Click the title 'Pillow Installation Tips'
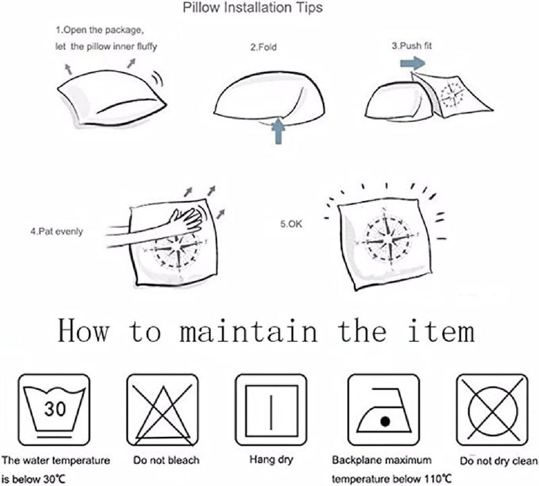tap(253, 7)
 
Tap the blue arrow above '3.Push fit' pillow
tap(412, 63)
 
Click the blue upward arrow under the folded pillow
tap(278, 131)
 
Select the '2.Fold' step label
tap(263, 47)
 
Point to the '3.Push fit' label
tap(412, 46)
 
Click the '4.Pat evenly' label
tap(57, 232)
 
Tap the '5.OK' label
tap(291, 224)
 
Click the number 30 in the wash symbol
tap(55, 409)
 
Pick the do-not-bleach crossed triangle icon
tap(162, 410)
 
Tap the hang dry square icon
tap(272, 410)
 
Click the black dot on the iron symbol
tap(385, 421)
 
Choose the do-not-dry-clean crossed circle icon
tap(492, 410)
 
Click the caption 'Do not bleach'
tap(166, 460)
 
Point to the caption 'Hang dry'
tap(272, 460)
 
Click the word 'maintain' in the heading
tap(249, 331)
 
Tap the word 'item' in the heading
tap(442, 331)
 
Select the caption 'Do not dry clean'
tap(499, 461)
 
